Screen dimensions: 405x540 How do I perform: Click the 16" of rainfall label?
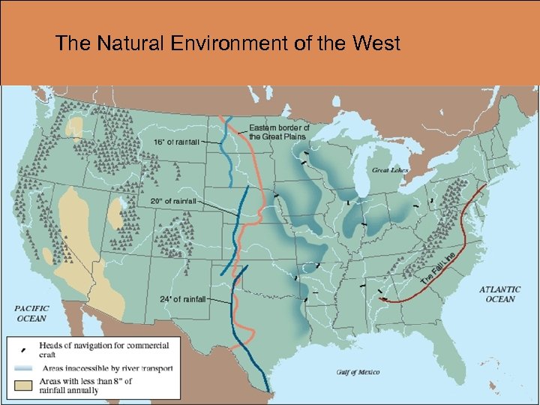176,142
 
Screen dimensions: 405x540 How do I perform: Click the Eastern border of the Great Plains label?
279,132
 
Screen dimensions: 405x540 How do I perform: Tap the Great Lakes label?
389,170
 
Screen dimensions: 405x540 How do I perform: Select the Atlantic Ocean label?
499,294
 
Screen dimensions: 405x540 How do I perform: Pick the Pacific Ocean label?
31,313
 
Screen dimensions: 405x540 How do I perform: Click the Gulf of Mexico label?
357,372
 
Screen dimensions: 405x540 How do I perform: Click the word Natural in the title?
123,43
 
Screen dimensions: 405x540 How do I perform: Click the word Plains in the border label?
295,136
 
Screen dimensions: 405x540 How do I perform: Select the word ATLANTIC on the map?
499,289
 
